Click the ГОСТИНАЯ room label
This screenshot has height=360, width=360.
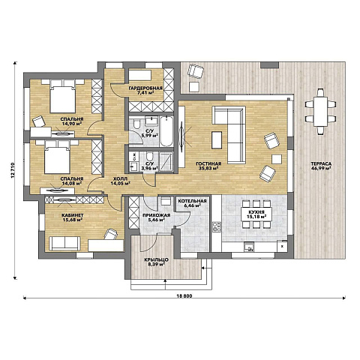[208, 163]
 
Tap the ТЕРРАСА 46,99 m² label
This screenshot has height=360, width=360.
[321, 166]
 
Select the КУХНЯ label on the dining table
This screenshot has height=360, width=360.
[256, 212]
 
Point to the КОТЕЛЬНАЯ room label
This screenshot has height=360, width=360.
[192, 201]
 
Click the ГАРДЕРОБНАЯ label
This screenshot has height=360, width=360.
[145, 88]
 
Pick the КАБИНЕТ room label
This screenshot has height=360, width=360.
[73, 215]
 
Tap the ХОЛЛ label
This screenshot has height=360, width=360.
[120, 178]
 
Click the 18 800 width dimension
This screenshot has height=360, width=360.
[184, 296]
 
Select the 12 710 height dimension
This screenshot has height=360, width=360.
[13, 171]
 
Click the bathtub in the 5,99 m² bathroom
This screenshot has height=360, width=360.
[166, 131]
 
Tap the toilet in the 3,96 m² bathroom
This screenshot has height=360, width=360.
[149, 157]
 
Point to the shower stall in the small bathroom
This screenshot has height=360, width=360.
[166, 161]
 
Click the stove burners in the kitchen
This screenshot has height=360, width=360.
[217, 226]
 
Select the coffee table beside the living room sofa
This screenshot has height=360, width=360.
[217, 140]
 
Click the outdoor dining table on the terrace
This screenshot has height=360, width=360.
[321, 111]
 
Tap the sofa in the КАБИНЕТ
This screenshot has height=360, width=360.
[64, 244]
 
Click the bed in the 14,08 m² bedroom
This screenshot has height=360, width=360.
[57, 157]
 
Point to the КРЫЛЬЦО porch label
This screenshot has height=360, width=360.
[157, 259]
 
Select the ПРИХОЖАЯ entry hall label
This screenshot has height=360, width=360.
[156, 215]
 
